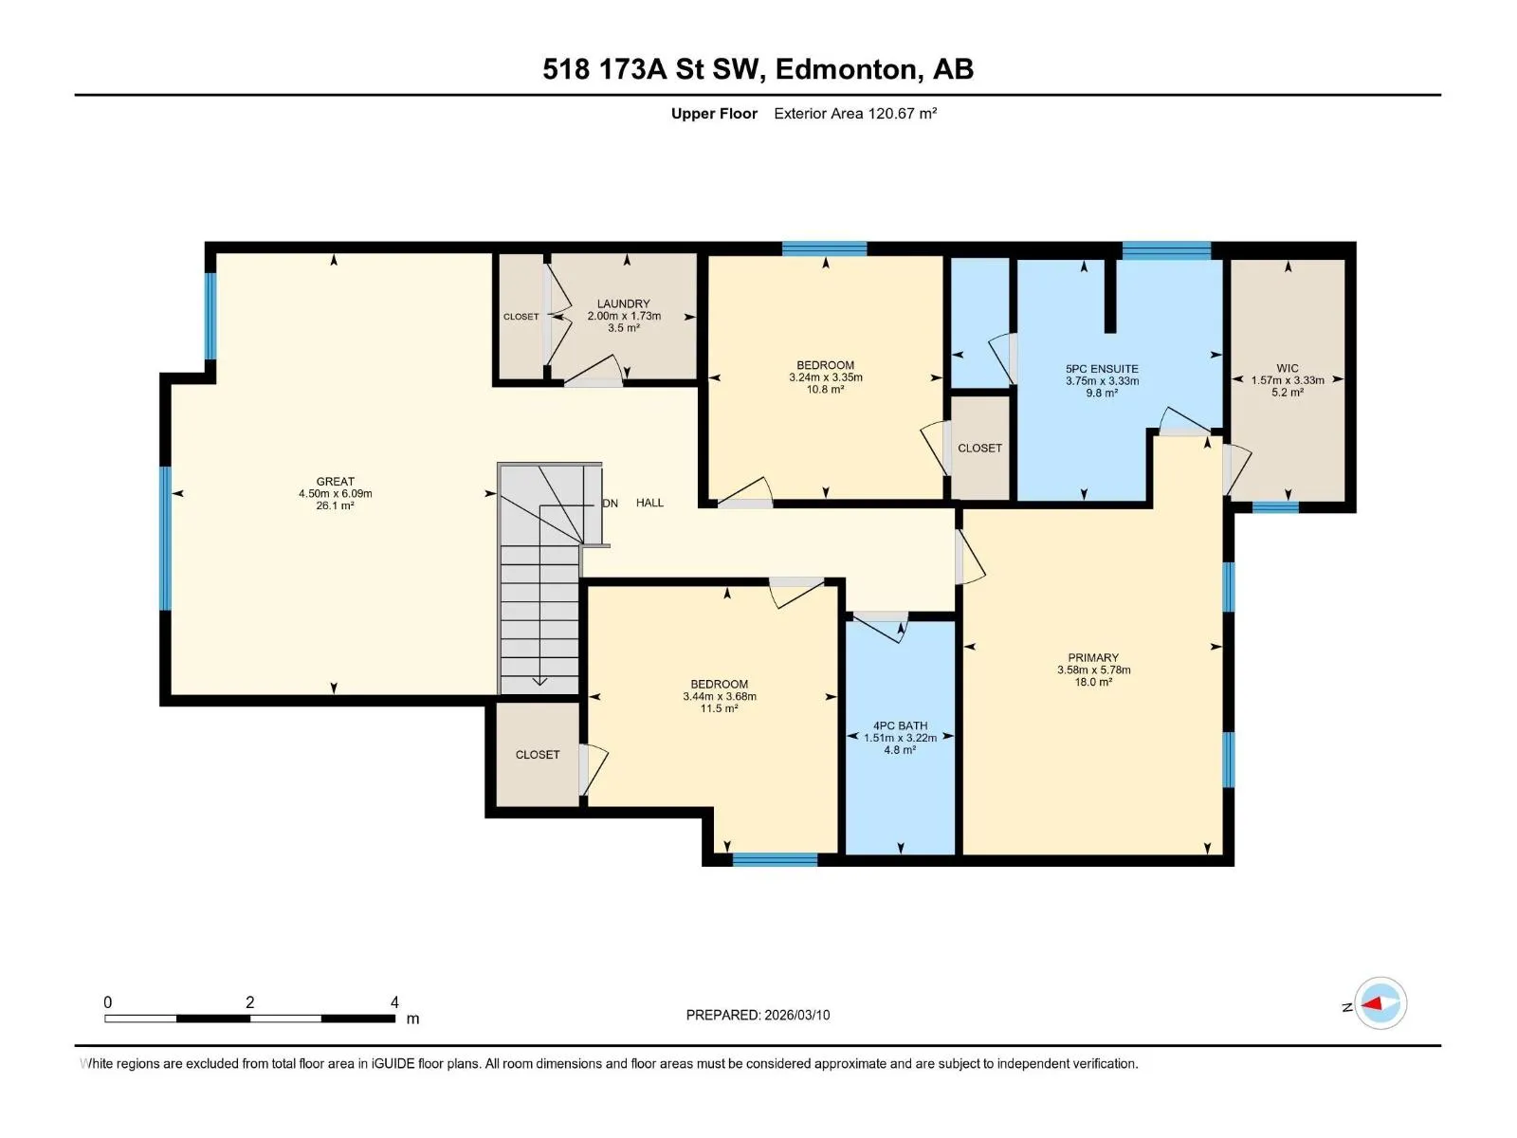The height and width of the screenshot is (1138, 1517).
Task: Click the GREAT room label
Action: pyautogui.click(x=336, y=482)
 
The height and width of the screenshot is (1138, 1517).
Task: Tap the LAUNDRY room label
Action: pyautogui.click(x=623, y=304)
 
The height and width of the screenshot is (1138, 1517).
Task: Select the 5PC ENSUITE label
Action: pyautogui.click(x=1102, y=369)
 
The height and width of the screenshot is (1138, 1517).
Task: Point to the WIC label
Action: pyautogui.click(x=1287, y=368)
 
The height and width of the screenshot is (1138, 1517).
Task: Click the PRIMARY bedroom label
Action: pyautogui.click(x=1092, y=658)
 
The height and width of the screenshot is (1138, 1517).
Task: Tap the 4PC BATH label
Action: pyautogui.click(x=900, y=725)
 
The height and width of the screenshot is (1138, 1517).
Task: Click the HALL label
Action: pyautogui.click(x=649, y=503)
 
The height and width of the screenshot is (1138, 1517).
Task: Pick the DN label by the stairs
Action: pyautogui.click(x=611, y=503)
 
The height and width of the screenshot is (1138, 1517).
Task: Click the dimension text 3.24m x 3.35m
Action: pyautogui.click(x=825, y=377)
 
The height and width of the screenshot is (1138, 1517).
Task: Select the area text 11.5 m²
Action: pyautogui.click(x=719, y=708)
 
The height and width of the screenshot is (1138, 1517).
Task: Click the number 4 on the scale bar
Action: pyautogui.click(x=394, y=1001)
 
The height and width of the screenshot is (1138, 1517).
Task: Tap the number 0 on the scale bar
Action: pyautogui.click(x=108, y=1001)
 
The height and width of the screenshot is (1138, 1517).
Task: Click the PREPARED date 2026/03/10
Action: pyautogui.click(x=796, y=1015)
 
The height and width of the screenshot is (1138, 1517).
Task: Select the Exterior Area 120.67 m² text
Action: pyautogui.click(x=855, y=113)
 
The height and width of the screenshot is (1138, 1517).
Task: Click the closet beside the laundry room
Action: pyautogui.click(x=521, y=317)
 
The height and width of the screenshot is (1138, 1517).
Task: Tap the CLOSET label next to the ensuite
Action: pyautogui.click(x=980, y=449)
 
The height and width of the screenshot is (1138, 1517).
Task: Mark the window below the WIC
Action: pyautogui.click(x=1275, y=508)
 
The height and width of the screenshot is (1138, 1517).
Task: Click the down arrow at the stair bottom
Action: pyautogui.click(x=539, y=681)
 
